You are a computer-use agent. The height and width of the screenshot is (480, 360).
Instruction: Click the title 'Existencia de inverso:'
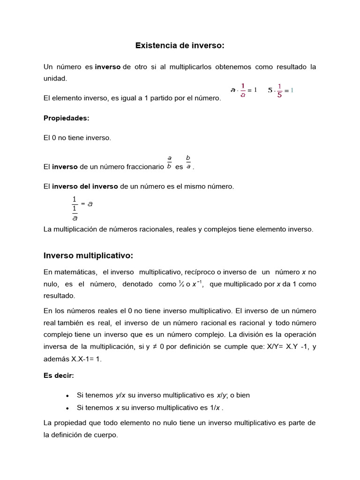[x=180, y=45]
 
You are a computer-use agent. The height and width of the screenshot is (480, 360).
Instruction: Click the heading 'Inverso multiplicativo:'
[x=89, y=255]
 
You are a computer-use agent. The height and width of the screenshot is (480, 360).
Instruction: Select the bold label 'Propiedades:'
[x=66, y=118]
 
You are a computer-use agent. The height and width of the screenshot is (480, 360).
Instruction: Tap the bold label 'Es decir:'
[x=59, y=375]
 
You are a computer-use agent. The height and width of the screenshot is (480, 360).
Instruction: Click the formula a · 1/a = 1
[x=244, y=90]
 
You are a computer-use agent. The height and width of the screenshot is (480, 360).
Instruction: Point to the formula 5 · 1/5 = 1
[x=280, y=90]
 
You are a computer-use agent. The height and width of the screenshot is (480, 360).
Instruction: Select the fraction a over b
[x=169, y=161]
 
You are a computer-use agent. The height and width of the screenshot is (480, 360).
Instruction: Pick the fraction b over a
[x=188, y=161]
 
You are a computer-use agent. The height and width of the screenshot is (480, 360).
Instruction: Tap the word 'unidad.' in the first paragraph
[x=55, y=78]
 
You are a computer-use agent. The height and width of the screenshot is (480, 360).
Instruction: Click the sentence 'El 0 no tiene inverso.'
[x=77, y=138]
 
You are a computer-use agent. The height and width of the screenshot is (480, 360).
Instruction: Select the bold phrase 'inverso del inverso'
[x=85, y=186]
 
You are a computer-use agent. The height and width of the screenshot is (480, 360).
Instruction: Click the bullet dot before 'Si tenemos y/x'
[x=68, y=396]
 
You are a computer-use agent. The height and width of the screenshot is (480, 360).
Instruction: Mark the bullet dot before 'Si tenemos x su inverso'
[x=68, y=408]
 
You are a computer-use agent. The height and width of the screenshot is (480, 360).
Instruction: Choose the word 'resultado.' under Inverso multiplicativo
[x=59, y=296]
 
